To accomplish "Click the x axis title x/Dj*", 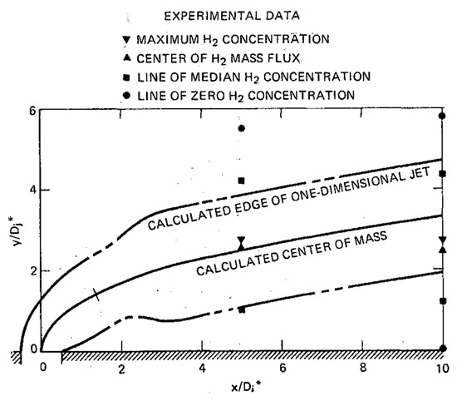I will click(x=240, y=387).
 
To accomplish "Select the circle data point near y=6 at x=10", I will click(x=443, y=116).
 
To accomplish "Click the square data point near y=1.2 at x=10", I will click(x=443, y=301).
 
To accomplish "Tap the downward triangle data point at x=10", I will click(x=443, y=240).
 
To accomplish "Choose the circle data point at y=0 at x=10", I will click(x=443, y=349).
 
